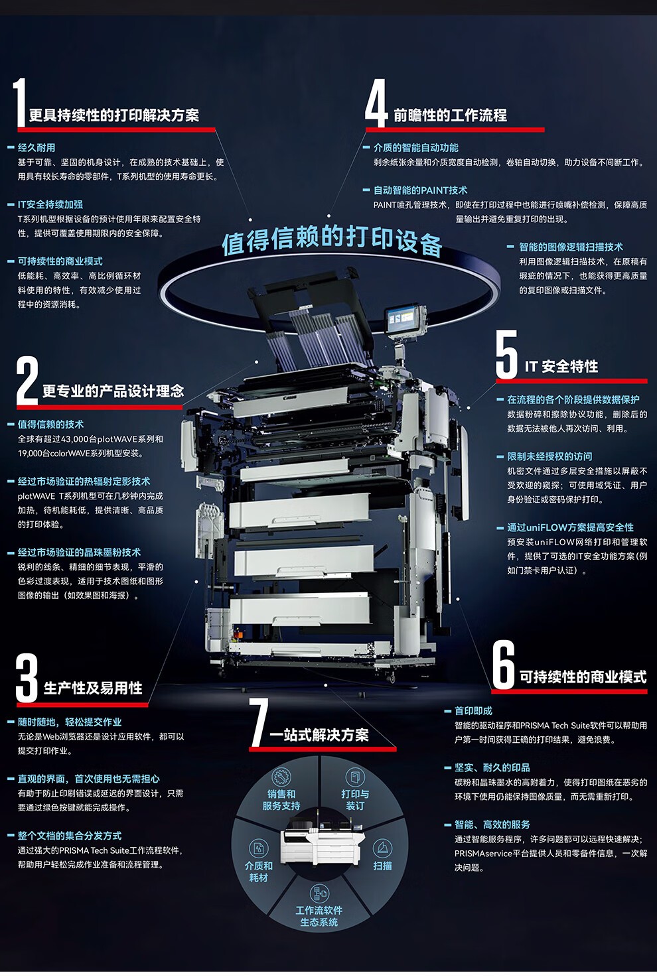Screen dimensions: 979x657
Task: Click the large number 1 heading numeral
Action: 20,103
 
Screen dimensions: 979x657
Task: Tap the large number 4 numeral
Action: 376,103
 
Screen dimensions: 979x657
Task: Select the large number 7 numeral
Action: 258,722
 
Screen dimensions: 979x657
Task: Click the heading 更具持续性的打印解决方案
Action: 113,115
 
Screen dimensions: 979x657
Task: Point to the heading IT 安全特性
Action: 561,367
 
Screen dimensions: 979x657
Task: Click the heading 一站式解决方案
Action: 319,735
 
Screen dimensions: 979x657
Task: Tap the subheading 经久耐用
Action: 36,148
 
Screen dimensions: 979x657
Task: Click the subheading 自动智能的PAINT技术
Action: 420,190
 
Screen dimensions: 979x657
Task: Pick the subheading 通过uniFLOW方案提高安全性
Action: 570,527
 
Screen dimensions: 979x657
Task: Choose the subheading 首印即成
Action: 473,711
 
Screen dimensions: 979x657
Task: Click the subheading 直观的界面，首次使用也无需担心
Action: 88,779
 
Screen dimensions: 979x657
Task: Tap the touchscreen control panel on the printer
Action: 405,319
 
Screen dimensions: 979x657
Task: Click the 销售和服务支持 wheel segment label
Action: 281,800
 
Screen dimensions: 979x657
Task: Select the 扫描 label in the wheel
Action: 382,866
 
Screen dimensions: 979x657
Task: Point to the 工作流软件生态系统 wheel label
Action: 319,916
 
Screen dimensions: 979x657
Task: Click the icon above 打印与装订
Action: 355,777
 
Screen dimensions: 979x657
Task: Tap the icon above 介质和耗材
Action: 258,848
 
